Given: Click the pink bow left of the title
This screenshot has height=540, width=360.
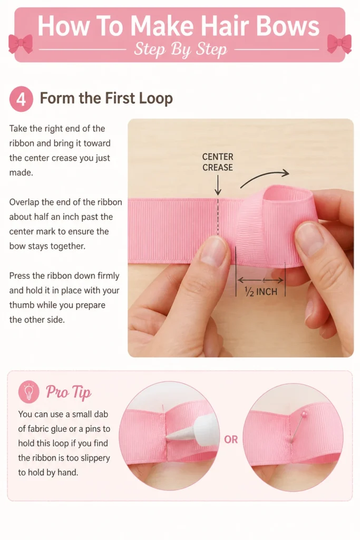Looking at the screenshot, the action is click(x=21, y=43).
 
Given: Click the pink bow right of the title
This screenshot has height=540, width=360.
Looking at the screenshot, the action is click(x=339, y=43).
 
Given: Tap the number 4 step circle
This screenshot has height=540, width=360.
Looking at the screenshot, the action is click(x=21, y=99).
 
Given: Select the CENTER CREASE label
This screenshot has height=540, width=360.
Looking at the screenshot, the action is click(x=218, y=162).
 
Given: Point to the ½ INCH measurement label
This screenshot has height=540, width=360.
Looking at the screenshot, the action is click(x=261, y=292).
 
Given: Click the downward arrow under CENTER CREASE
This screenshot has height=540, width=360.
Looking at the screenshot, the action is click(x=218, y=185).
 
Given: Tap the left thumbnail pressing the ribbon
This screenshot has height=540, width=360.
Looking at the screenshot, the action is click(x=214, y=252).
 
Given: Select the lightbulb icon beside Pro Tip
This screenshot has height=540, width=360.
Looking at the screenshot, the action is click(x=29, y=392).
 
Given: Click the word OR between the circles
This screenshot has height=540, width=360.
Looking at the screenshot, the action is click(x=231, y=439).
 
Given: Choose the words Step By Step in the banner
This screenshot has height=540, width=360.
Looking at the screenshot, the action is click(x=181, y=49).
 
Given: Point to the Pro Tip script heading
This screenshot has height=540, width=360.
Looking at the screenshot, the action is click(x=69, y=392).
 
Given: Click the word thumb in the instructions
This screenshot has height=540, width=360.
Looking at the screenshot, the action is click(x=22, y=305).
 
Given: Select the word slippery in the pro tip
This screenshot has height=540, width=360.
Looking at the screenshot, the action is click(x=93, y=458).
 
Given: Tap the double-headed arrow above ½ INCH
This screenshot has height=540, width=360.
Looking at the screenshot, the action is click(x=261, y=280).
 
